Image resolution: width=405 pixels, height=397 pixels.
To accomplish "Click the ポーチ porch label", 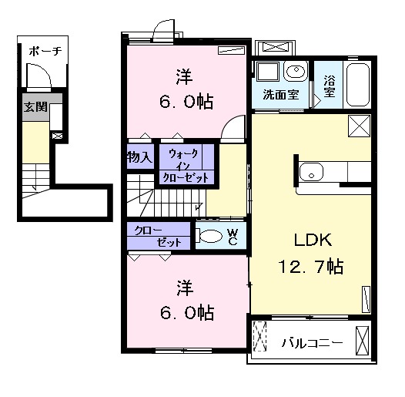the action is click(45, 51).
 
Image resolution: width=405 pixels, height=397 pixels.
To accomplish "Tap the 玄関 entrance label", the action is click(35, 107).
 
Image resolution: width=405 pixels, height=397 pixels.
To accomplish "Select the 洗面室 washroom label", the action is click(281, 95).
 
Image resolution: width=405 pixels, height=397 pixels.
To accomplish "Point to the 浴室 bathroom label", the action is click(330, 86).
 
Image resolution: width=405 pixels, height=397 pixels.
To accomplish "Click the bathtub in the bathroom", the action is click(357, 85).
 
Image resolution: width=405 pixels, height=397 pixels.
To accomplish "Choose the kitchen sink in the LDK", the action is click(311, 172).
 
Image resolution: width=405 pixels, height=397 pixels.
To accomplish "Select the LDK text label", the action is click(313, 240).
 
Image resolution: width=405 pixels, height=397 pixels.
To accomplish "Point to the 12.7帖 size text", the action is click(311, 267).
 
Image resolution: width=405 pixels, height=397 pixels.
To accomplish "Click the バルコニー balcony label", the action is click(313, 343).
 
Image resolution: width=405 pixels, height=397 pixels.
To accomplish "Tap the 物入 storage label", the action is click(139, 156).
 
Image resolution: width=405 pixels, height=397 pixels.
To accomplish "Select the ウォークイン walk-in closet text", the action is click(184, 159).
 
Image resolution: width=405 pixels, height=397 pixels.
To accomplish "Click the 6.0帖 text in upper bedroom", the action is click(186, 103).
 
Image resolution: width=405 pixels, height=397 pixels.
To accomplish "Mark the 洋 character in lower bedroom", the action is click(185, 288).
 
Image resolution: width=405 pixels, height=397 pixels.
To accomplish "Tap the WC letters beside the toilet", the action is click(233, 237).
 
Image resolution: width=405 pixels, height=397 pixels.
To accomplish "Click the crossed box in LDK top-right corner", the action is click(359, 126).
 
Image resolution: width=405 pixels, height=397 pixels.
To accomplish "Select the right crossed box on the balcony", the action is click(363, 341).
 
